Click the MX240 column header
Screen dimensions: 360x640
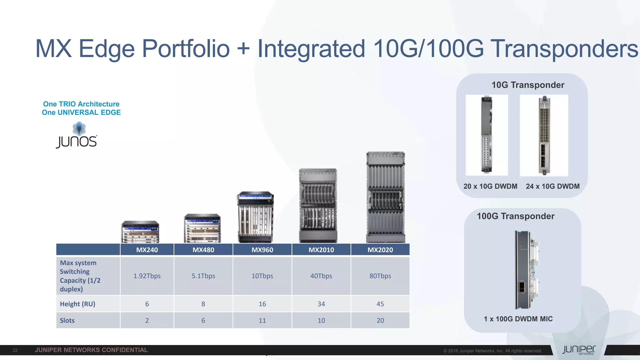click(147, 250)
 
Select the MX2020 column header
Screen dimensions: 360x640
click(380, 250)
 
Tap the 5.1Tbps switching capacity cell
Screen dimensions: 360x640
click(203, 276)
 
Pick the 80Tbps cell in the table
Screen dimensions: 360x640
click(380, 276)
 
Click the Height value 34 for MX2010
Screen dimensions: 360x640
click(321, 304)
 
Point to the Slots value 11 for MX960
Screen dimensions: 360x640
click(262, 320)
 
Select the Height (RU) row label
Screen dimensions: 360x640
click(77, 304)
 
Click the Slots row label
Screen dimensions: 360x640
click(67, 320)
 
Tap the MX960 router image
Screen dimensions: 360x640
click(255, 217)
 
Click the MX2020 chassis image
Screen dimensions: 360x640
click(386, 197)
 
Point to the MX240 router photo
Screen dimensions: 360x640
click(140, 232)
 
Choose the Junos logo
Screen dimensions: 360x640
click(77, 136)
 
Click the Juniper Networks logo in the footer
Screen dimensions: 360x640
click(579, 350)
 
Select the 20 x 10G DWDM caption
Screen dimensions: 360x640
click(490, 186)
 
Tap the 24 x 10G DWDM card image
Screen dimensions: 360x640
click(544, 135)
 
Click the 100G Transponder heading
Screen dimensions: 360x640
click(516, 216)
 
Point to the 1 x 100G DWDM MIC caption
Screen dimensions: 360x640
click(518, 319)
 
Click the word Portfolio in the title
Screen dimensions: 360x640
click(186, 49)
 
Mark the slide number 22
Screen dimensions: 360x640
click(15, 350)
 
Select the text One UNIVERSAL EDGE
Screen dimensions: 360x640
click(81, 112)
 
